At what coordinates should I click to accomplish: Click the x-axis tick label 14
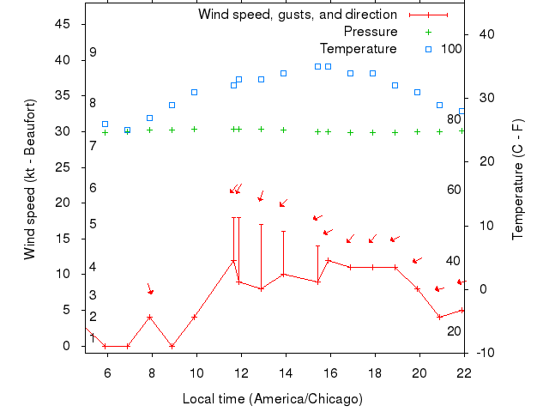click(x=286, y=372)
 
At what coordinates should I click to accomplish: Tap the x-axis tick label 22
click(x=464, y=372)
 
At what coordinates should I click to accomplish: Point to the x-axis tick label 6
click(x=107, y=372)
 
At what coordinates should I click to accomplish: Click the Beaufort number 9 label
click(x=93, y=52)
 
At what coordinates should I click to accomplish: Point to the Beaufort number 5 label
click(x=93, y=224)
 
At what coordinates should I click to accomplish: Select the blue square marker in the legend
click(x=429, y=48)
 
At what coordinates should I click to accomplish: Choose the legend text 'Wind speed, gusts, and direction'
click(x=298, y=15)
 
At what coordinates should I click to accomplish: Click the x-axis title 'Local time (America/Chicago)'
click(x=273, y=399)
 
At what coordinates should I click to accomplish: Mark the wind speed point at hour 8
click(x=149, y=317)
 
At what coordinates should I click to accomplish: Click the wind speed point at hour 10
click(x=194, y=317)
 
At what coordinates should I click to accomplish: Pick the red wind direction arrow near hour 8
click(x=150, y=289)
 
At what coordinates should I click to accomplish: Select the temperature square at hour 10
click(x=194, y=92)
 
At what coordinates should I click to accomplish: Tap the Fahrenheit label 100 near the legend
click(x=451, y=48)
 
